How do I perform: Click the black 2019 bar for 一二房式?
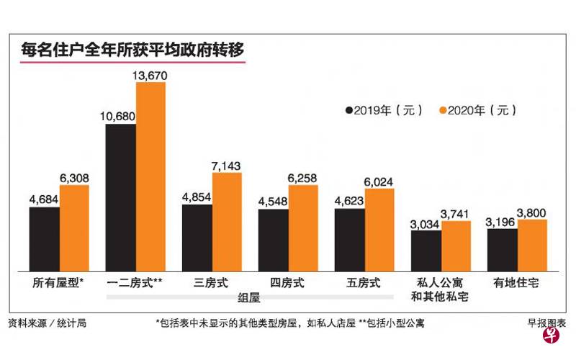click(x=120, y=198)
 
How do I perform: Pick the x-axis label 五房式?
click(x=364, y=283)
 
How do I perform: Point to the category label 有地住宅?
click(x=517, y=283)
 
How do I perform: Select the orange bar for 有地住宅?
click(x=532, y=246)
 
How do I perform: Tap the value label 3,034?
click(x=426, y=224)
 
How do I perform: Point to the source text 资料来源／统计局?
click(x=48, y=323)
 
